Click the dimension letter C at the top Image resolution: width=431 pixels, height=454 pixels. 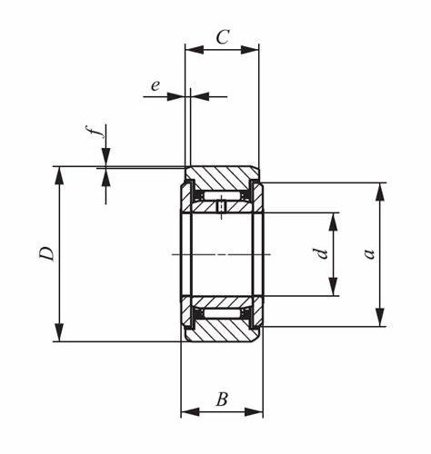pyautogui.click(x=223, y=37)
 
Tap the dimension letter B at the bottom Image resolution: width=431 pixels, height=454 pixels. pyautogui.click(x=222, y=400)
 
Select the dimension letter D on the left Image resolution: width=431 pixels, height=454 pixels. pyautogui.click(x=47, y=253)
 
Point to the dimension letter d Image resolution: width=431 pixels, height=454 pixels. pyautogui.click(x=321, y=253)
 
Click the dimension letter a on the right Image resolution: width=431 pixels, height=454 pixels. pyautogui.click(x=369, y=254)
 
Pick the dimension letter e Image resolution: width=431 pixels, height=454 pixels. pyautogui.click(x=155, y=86)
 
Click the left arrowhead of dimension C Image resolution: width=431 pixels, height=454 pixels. pyautogui.click(x=194, y=50)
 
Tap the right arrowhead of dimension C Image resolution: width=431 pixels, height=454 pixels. pyautogui.click(x=250, y=50)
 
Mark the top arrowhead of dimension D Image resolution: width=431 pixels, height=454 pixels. pyautogui.click(x=60, y=175)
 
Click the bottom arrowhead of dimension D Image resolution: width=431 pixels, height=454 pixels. pyautogui.click(x=60, y=332)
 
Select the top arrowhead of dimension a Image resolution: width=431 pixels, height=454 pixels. pyautogui.click(x=380, y=192)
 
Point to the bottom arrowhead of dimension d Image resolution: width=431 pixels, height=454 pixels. pyautogui.click(x=334, y=287)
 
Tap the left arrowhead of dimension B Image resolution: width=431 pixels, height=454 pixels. pyautogui.click(x=190, y=411)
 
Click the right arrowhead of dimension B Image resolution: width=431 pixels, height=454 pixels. pyautogui.click(x=254, y=411)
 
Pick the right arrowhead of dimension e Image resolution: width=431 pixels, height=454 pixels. pyautogui.click(x=200, y=96)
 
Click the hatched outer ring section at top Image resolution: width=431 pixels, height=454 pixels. pyautogui.click(x=222, y=178)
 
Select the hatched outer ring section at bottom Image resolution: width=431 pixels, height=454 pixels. pyautogui.click(x=222, y=331)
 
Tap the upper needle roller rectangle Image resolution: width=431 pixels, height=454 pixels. pyautogui.click(x=223, y=196)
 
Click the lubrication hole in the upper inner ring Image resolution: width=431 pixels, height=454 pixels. pyautogui.click(x=222, y=207)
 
